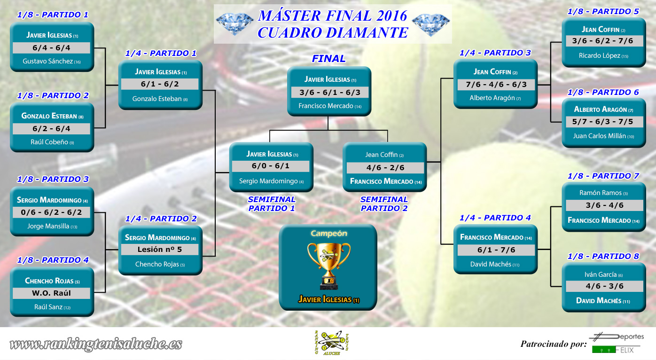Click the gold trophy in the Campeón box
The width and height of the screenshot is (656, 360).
(328, 266)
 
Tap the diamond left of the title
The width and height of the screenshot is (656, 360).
(234, 24)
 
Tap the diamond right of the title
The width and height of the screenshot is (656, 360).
(431, 24)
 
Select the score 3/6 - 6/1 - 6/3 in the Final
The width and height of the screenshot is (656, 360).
(330, 93)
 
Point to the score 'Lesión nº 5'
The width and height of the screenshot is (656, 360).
(160, 249)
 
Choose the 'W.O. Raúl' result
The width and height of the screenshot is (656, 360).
(51, 293)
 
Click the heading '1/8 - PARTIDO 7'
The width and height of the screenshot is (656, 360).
(603, 176)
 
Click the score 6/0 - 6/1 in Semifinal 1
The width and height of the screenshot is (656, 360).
(271, 166)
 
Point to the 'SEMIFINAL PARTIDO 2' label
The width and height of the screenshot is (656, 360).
(384, 204)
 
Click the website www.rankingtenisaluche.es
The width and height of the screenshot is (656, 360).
(96, 344)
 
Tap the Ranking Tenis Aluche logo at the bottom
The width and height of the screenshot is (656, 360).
(331, 343)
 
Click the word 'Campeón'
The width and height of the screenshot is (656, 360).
(329, 234)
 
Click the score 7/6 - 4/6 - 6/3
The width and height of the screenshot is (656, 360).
(496, 85)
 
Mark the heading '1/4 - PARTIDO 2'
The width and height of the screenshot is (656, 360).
(161, 219)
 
